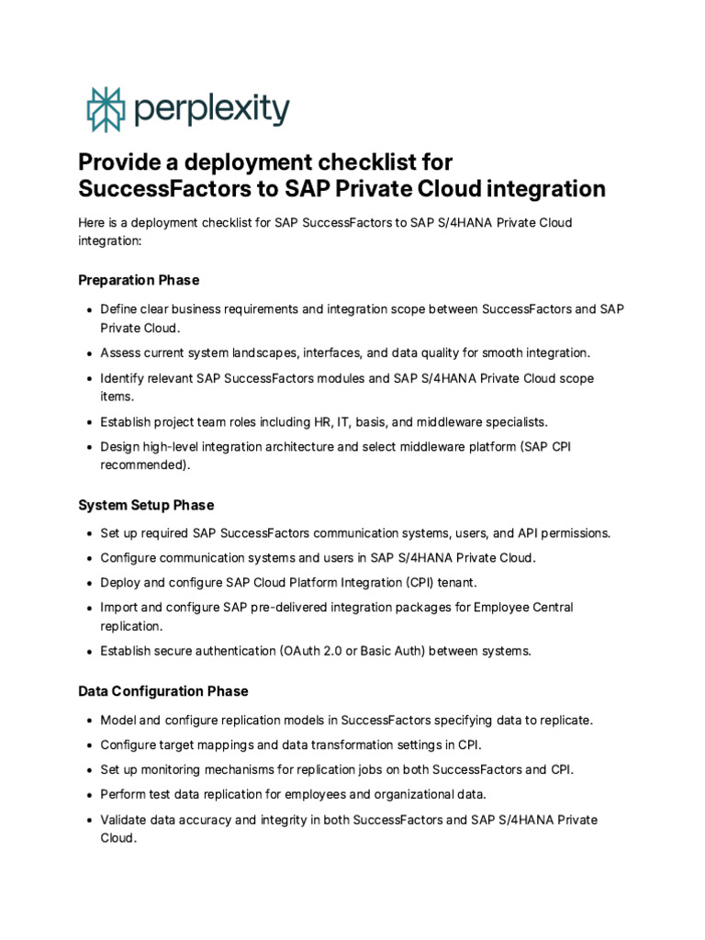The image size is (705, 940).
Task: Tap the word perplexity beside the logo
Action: pyautogui.click(x=211, y=110)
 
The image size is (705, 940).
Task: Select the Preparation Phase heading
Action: pyautogui.click(x=139, y=280)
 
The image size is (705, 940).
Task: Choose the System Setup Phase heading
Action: pyautogui.click(x=146, y=505)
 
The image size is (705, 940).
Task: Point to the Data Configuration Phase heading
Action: pyautogui.click(x=162, y=691)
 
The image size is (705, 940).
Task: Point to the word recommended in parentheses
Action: pyautogui.click(x=144, y=465)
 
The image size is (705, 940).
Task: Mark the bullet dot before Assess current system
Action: pyautogui.click(x=89, y=353)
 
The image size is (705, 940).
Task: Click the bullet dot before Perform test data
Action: pyautogui.click(x=89, y=795)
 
